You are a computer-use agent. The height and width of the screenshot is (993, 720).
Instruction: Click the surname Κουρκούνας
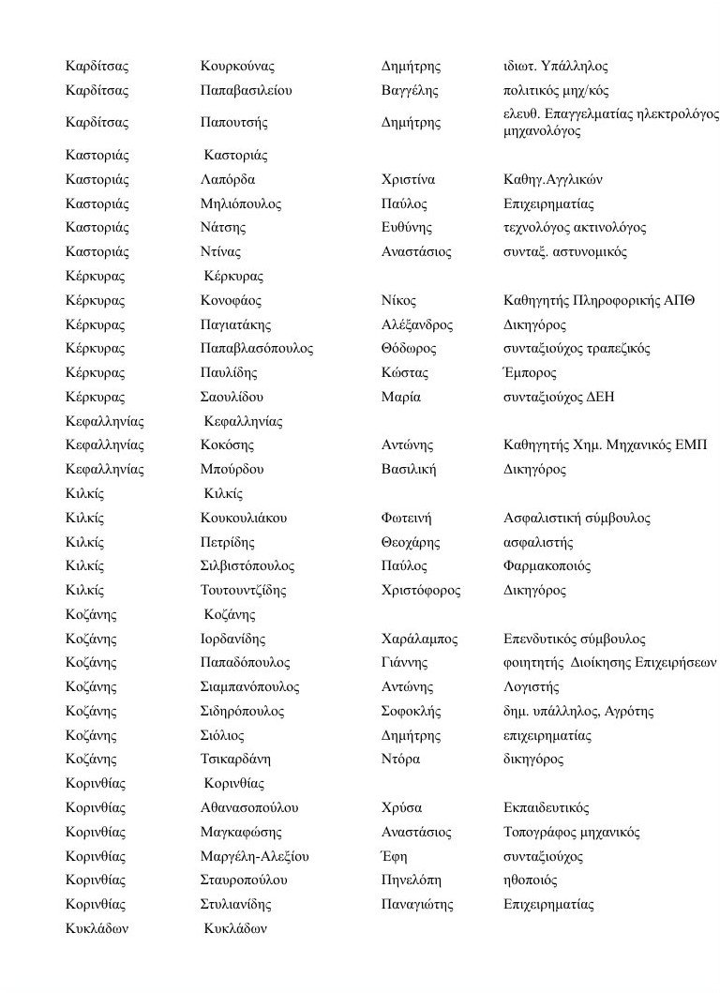pos(237,67)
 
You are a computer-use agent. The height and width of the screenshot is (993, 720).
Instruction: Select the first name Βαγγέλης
pos(410,91)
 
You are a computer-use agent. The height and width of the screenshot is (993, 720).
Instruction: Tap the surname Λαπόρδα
pos(228,179)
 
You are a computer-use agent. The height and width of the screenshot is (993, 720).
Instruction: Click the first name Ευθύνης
pos(407,228)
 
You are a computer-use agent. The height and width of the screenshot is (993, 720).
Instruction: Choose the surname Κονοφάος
pos(231,300)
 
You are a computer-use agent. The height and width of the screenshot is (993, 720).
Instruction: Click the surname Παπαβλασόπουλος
pos(257,349)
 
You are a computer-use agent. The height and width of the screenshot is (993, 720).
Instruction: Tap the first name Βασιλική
pos(409,469)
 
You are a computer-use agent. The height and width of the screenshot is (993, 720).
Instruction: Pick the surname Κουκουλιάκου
pos(244,518)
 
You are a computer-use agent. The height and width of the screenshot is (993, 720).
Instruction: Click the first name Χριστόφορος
pos(418,591)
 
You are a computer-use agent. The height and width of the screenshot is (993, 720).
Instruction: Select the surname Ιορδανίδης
pos(232,639)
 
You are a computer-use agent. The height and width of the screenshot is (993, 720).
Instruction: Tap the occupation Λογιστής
pos(531,687)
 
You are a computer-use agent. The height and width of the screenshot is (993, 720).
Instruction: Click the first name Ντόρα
pos(400,759)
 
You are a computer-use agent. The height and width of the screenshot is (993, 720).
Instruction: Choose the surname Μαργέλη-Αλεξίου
pos(255,856)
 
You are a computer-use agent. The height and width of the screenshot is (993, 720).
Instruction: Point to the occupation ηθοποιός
pos(530,880)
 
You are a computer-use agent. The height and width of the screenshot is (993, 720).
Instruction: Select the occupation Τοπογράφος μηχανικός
pos(571,832)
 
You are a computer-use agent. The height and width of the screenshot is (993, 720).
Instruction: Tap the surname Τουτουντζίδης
pos(243,591)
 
